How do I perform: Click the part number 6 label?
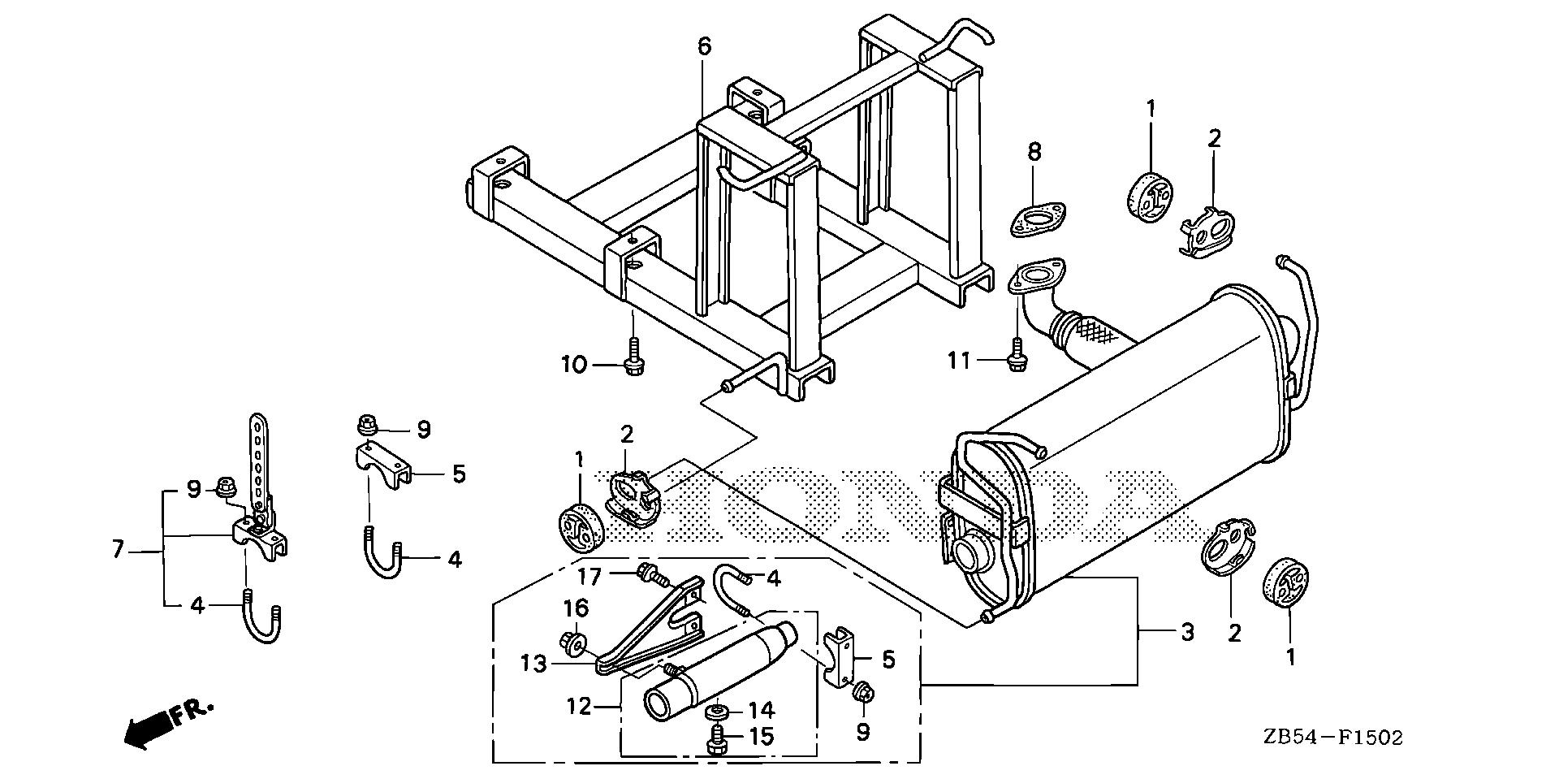[704, 47]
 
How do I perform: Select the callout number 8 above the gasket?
[1034, 152]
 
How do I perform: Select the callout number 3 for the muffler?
[1187, 632]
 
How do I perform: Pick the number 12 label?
[578, 707]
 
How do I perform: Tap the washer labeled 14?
[715, 712]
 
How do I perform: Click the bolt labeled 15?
[715, 740]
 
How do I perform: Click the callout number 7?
[119, 550]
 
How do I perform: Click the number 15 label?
[761, 737]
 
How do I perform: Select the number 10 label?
[574, 365]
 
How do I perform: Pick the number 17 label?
[590, 577]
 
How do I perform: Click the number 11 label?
[960, 359]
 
